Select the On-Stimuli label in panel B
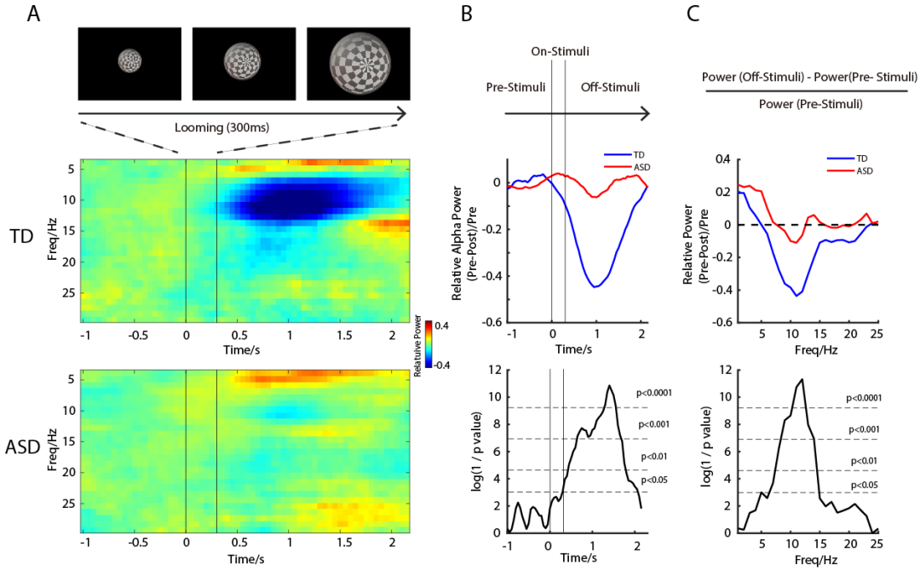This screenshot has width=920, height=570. click(561, 52)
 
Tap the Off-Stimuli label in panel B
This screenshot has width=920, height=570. click(611, 87)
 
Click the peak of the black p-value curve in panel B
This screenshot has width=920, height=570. click(609, 386)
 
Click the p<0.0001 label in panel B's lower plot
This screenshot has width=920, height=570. click(653, 394)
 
